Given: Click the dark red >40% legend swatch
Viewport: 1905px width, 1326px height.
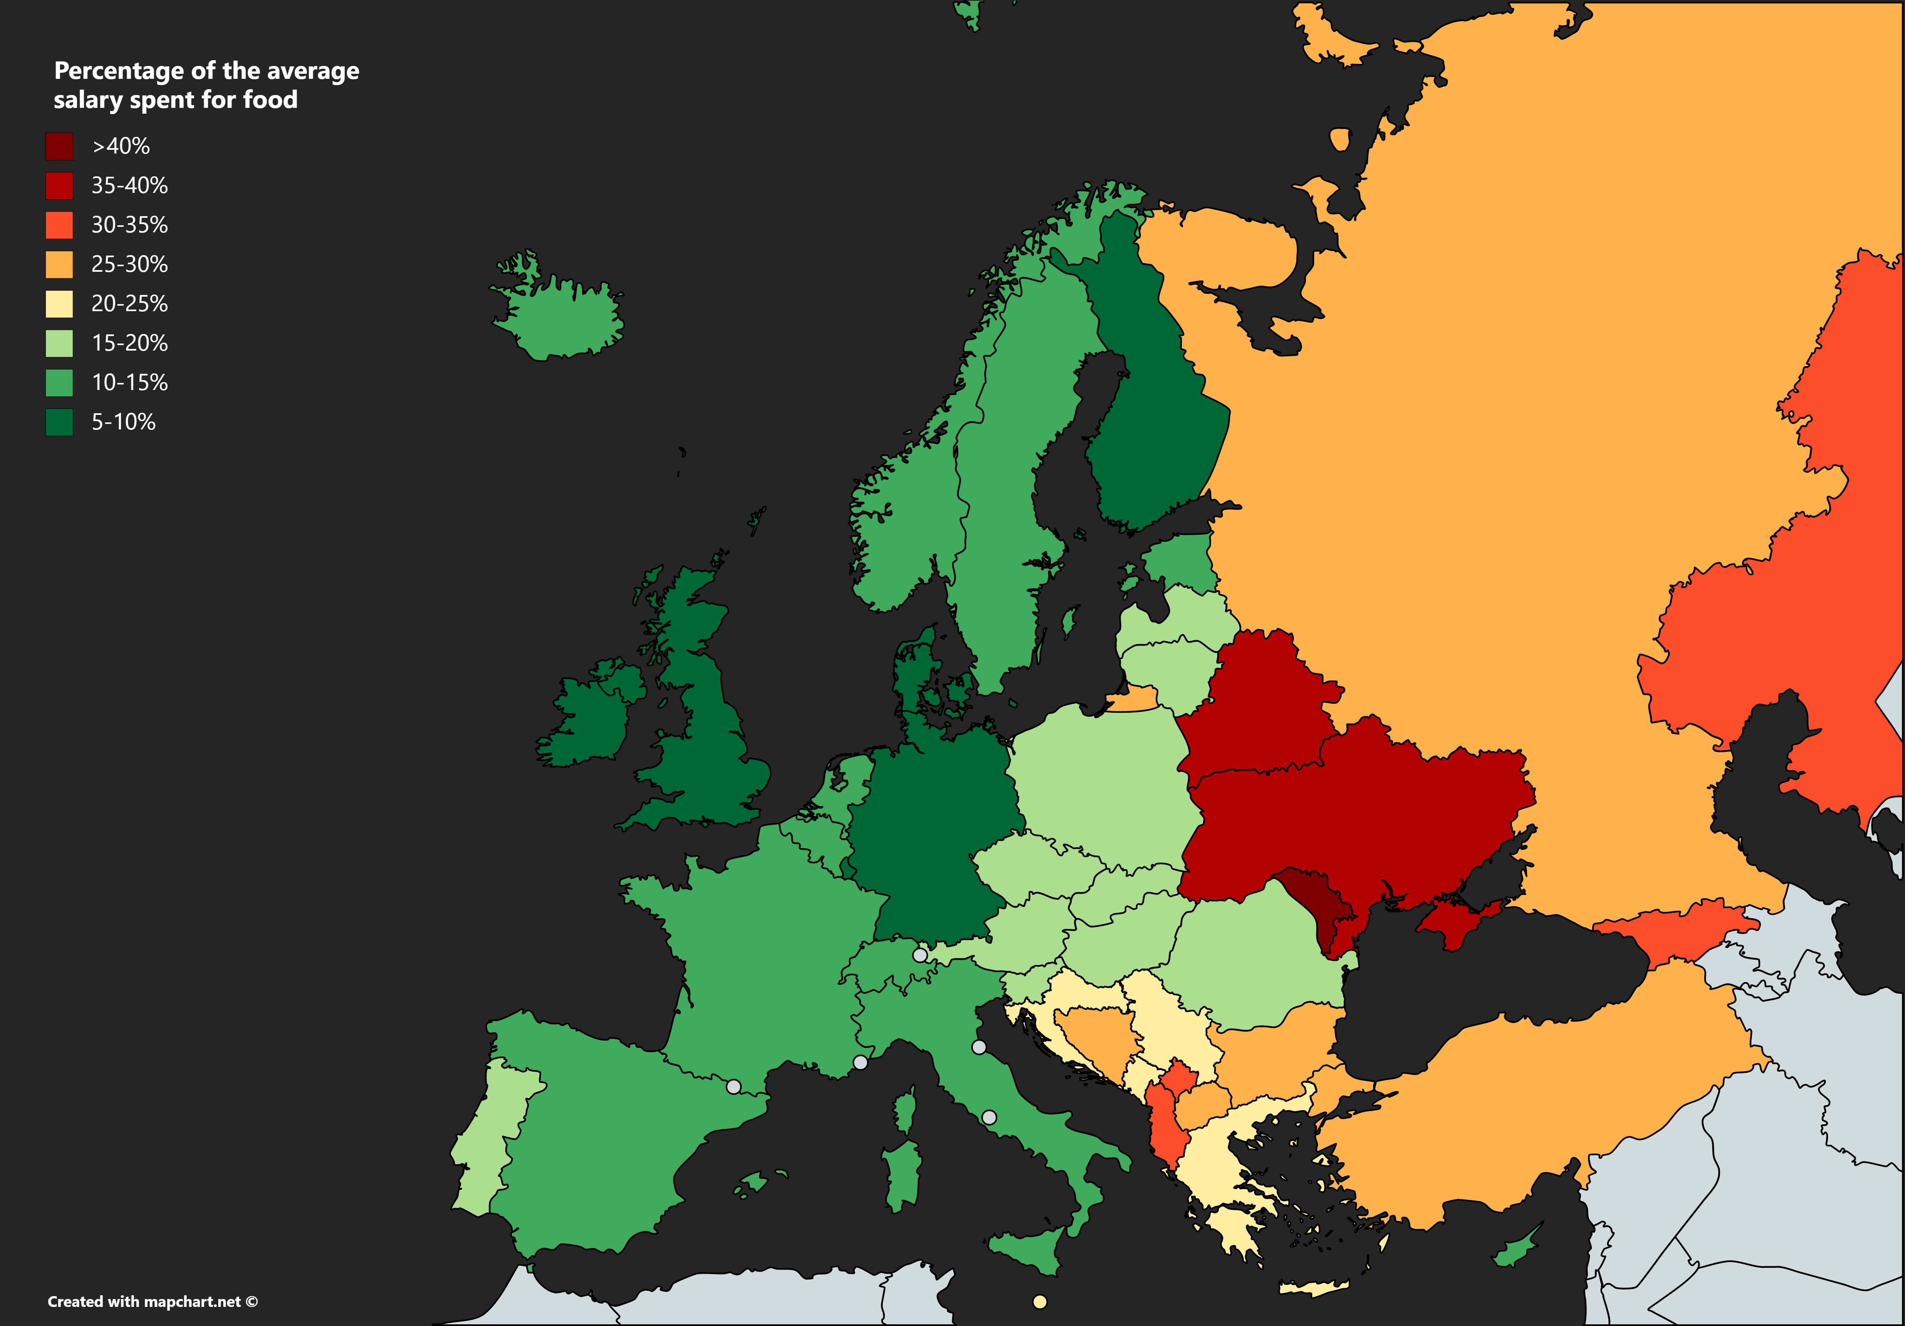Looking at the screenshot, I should pos(59,146).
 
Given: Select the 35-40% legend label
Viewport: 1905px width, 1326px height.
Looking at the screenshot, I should pos(129,186).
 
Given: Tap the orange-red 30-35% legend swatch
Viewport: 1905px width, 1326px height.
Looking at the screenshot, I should pos(59,225).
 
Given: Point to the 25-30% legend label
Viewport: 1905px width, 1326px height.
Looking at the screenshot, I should pos(129,265).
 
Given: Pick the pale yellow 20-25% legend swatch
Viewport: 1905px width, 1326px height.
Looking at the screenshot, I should pos(59,304).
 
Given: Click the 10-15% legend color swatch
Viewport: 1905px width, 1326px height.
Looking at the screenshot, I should pos(59,383).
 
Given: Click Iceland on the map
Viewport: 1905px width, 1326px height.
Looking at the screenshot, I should pos(564,319).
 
